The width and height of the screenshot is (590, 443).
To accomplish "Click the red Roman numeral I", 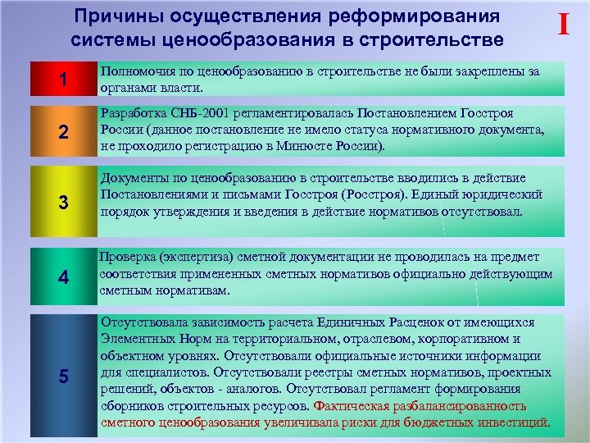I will click(x=563, y=25).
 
